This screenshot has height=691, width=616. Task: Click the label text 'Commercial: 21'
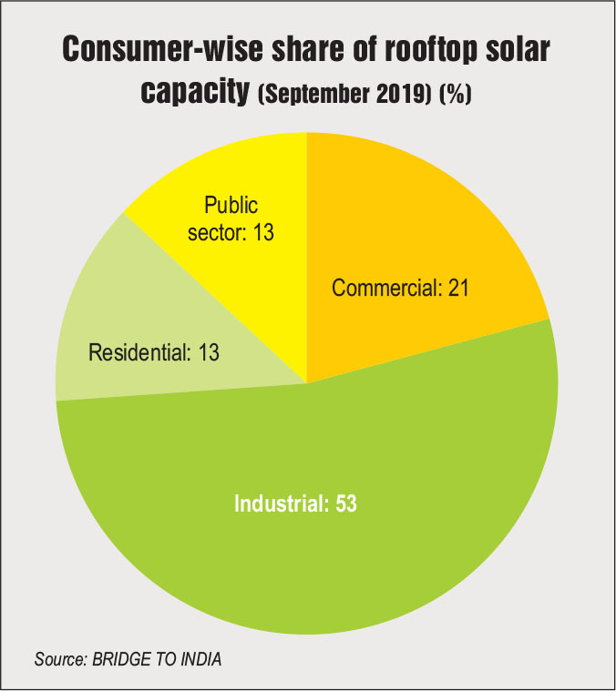(x=399, y=289)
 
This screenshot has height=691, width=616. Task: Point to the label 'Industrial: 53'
(x=295, y=503)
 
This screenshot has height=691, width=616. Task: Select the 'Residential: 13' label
(x=154, y=352)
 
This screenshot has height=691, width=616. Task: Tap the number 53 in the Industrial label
(x=344, y=503)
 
